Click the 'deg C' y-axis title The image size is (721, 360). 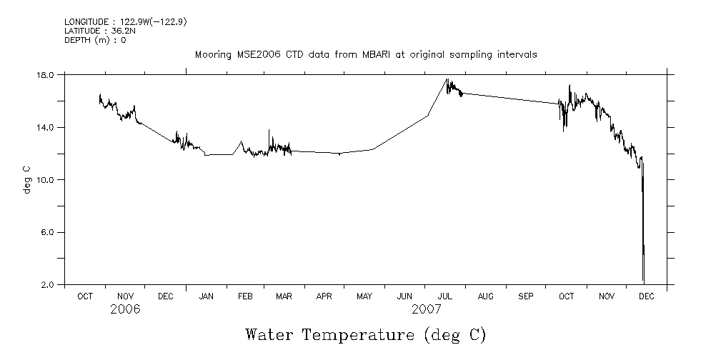coord(26,180)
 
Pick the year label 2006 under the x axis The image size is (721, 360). coord(125,309)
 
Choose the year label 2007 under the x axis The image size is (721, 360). coord(427,309)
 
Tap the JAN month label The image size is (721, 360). coord(206,296)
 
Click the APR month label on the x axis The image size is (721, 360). coord(325,296)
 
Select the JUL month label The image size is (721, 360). coord(445,296)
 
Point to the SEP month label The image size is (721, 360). coord(526,296)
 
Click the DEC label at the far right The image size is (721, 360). coord(646,296)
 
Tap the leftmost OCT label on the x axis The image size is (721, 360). coord(85,296)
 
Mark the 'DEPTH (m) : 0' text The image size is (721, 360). coord(95,40)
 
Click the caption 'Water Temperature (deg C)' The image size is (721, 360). coord(365,334)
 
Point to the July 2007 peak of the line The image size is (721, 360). coord(447,79)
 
